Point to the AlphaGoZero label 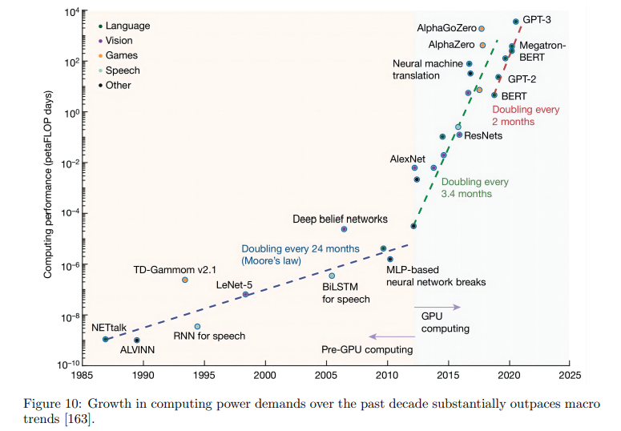pyautogui.click(x=445, y=28)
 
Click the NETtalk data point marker pyautogui.click(x=106, y=340)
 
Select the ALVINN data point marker pyautogui.click(x=136, y=340)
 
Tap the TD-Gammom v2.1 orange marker pyautogui.click(x=185, y=280)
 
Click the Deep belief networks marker pyautogui.click(x=344, y=229)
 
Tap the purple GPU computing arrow pyautogui.click(x=438, y=307)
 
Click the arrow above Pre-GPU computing pyautogui.click(x=389, y=336)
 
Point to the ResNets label pyautogui.click(x=484, y=135)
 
